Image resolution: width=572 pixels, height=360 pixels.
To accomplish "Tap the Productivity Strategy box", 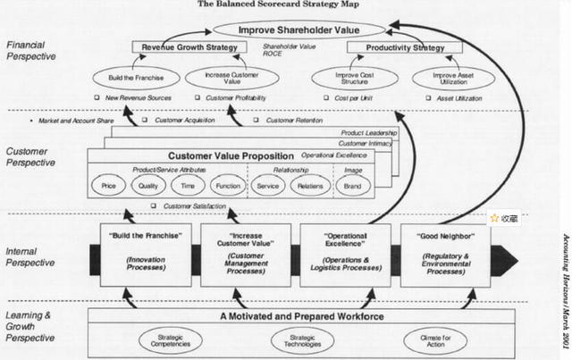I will [394, 46].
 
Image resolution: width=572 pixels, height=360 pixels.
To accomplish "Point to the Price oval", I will [108, 187].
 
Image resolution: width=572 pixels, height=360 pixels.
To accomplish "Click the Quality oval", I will [147, 187].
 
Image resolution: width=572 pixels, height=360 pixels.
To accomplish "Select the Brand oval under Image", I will [352, 187].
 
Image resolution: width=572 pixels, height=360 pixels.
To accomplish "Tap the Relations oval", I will [310, 187].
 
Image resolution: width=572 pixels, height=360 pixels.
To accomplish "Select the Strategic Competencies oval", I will [171, 339].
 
